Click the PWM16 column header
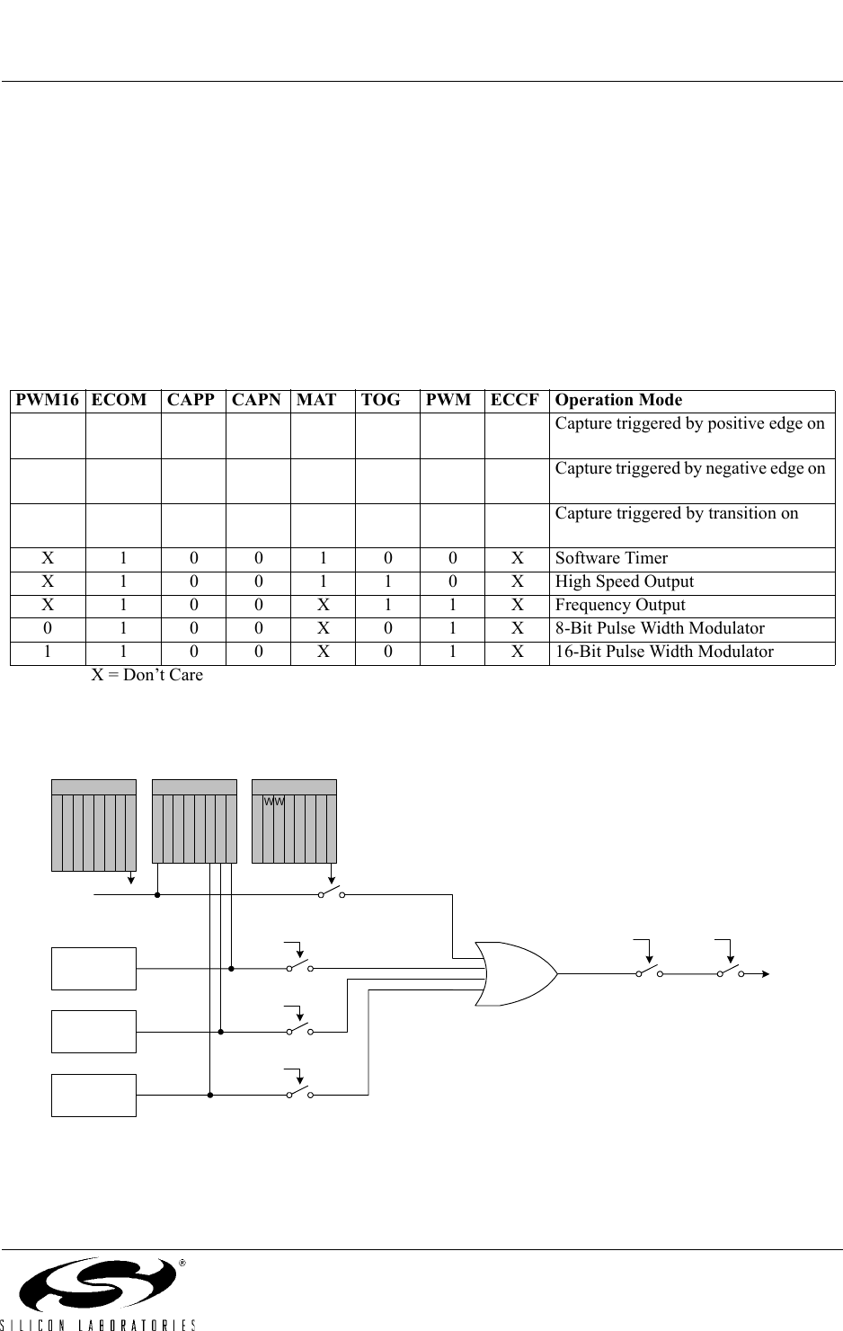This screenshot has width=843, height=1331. pyautogui.click(x=47, y=400)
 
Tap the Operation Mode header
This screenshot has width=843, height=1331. pyautogui.click(x=618, y=400)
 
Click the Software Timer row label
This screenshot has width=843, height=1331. pyautogui.click(x=611, y=558)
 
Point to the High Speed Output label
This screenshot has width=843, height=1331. pyautogui.click(x=625, y=581)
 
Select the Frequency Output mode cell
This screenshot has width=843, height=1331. pyautogui.click(x=620, y=605)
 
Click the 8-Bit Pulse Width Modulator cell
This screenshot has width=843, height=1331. pyautogui.click(x=660, y=628)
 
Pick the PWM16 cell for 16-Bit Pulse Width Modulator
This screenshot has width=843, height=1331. pyautogui.click(x=48, y=652)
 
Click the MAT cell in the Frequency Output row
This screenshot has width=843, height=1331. pyautogui.click(x=323, y=605)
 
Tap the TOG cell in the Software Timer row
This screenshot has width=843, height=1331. pyautogui.click(x=387, y=558)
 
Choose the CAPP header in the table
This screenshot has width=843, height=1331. pyautogui.click(x=191, y=400)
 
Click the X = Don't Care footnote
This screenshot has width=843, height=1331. pyautogui.click(x=148, y=675)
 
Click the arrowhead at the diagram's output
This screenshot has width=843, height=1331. pyautogui.click(x=765, y=973)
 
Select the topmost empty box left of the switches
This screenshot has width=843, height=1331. pyautogui.click(x=94, y=968)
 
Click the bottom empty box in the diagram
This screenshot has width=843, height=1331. pyautogui.click(x=94, y=1095)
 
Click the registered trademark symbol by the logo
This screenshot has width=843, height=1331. pyautogui.click(x=182, y=1263)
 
